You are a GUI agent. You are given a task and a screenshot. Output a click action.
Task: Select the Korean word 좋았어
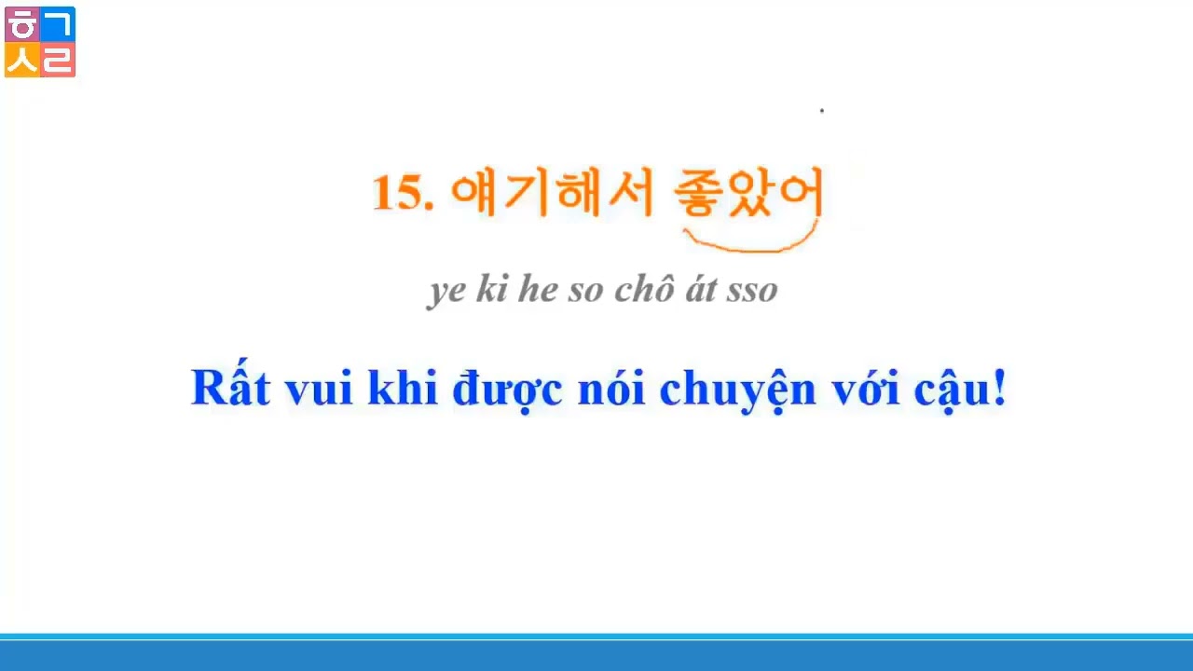coord(748,194)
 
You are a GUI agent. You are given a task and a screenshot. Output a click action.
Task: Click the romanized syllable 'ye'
coord(447,290)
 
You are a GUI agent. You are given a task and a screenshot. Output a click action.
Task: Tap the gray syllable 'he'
coord(538,290)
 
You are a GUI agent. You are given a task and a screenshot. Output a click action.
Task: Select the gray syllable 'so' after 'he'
coord(586,290)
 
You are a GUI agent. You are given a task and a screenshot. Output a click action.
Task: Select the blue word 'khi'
coord(403,388)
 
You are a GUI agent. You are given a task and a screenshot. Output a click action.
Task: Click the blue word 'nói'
coord(610,388)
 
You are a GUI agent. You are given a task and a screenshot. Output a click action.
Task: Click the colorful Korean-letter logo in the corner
coord(40,42)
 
